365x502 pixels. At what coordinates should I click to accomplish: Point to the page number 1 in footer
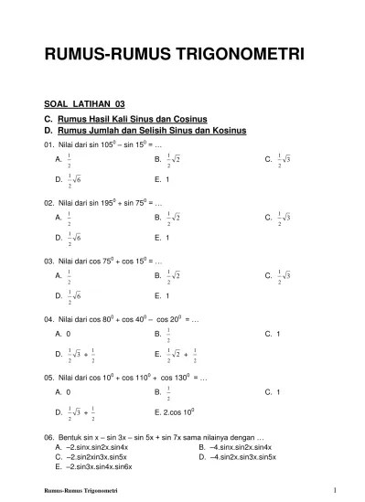click(x=336, y=492)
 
